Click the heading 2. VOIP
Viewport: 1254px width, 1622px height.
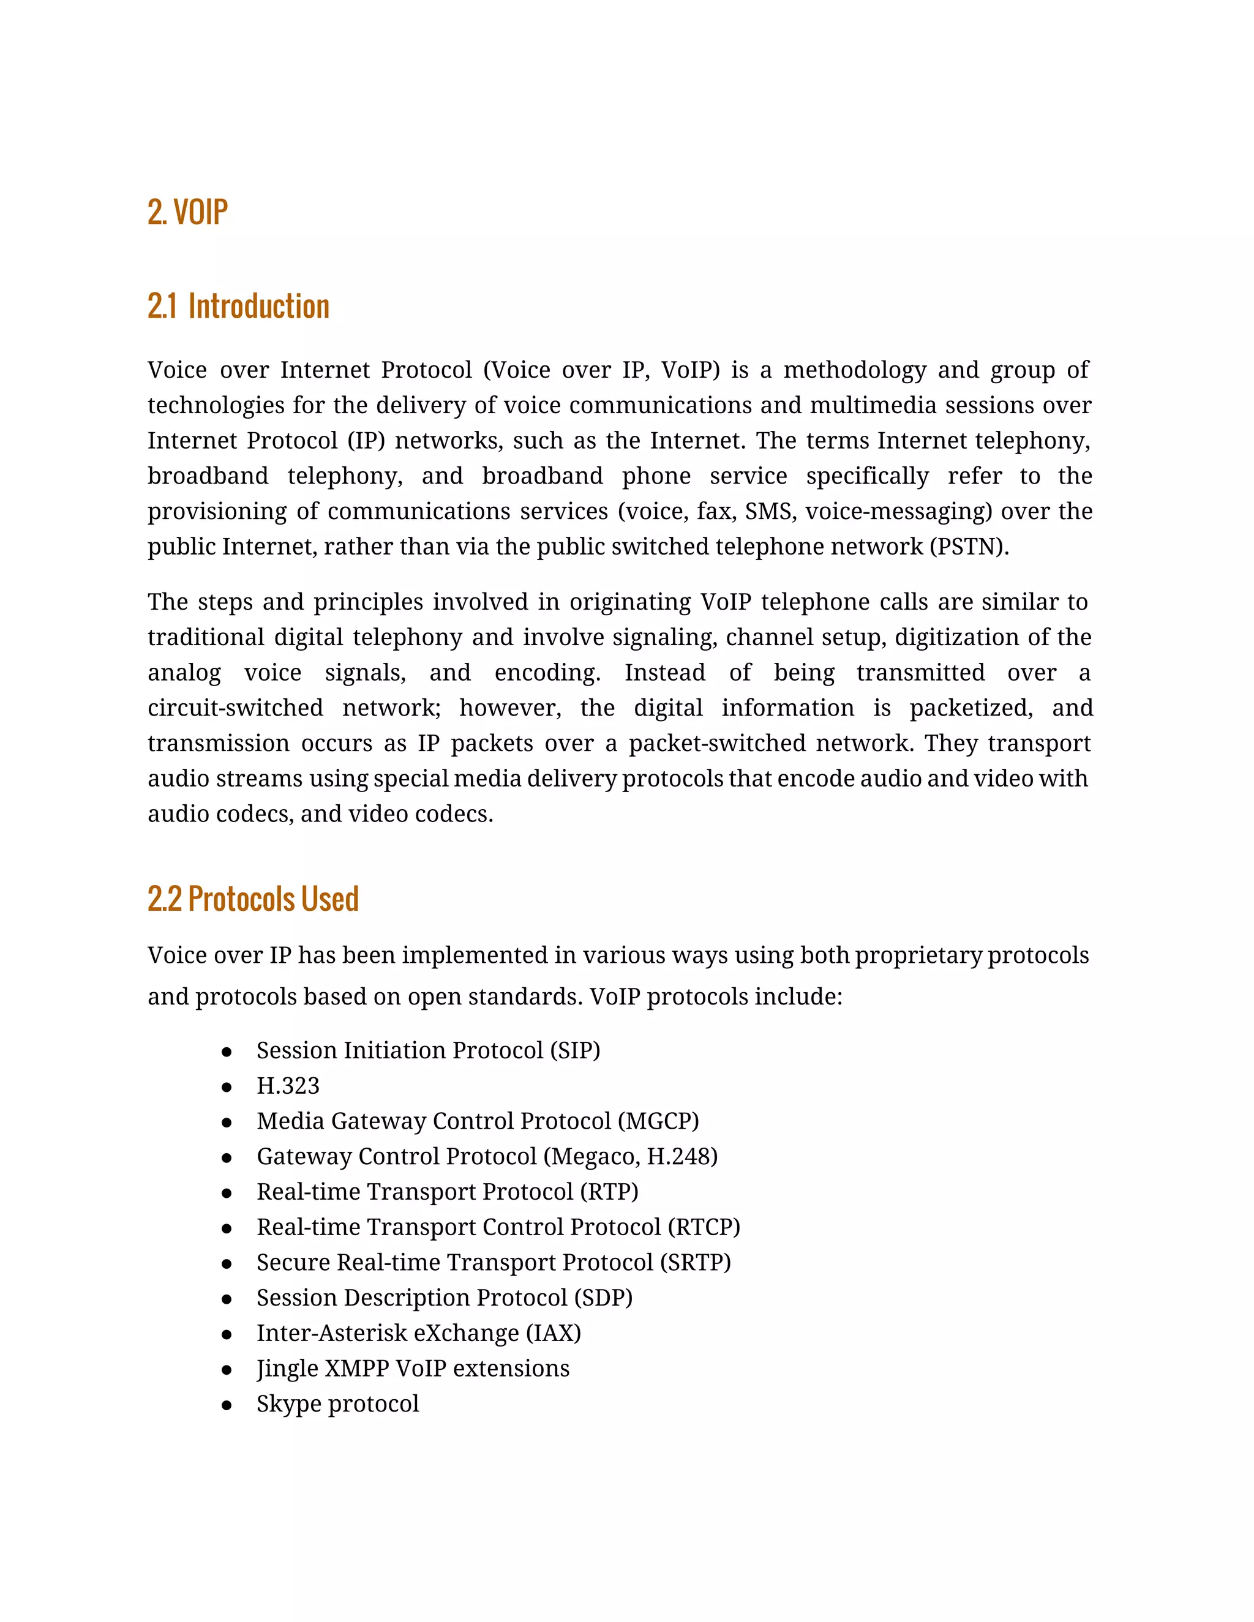tap(187, 212)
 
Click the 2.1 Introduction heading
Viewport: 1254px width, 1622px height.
tap(238, 306)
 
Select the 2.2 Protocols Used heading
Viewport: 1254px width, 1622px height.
tap(253, 899)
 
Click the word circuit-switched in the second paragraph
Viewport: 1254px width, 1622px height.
tap(235, 708)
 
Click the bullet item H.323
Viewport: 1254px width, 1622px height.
tap(288, 1086)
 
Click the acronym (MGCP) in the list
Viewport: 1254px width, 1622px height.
tap(658, 1121)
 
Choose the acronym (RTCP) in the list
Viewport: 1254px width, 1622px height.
tap(704, 1227)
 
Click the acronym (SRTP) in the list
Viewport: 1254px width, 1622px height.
tap(694, 1263)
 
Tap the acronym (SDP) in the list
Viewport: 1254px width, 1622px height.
tap(603, 1298)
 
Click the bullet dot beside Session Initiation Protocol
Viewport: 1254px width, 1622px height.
tap(227, 1052)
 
